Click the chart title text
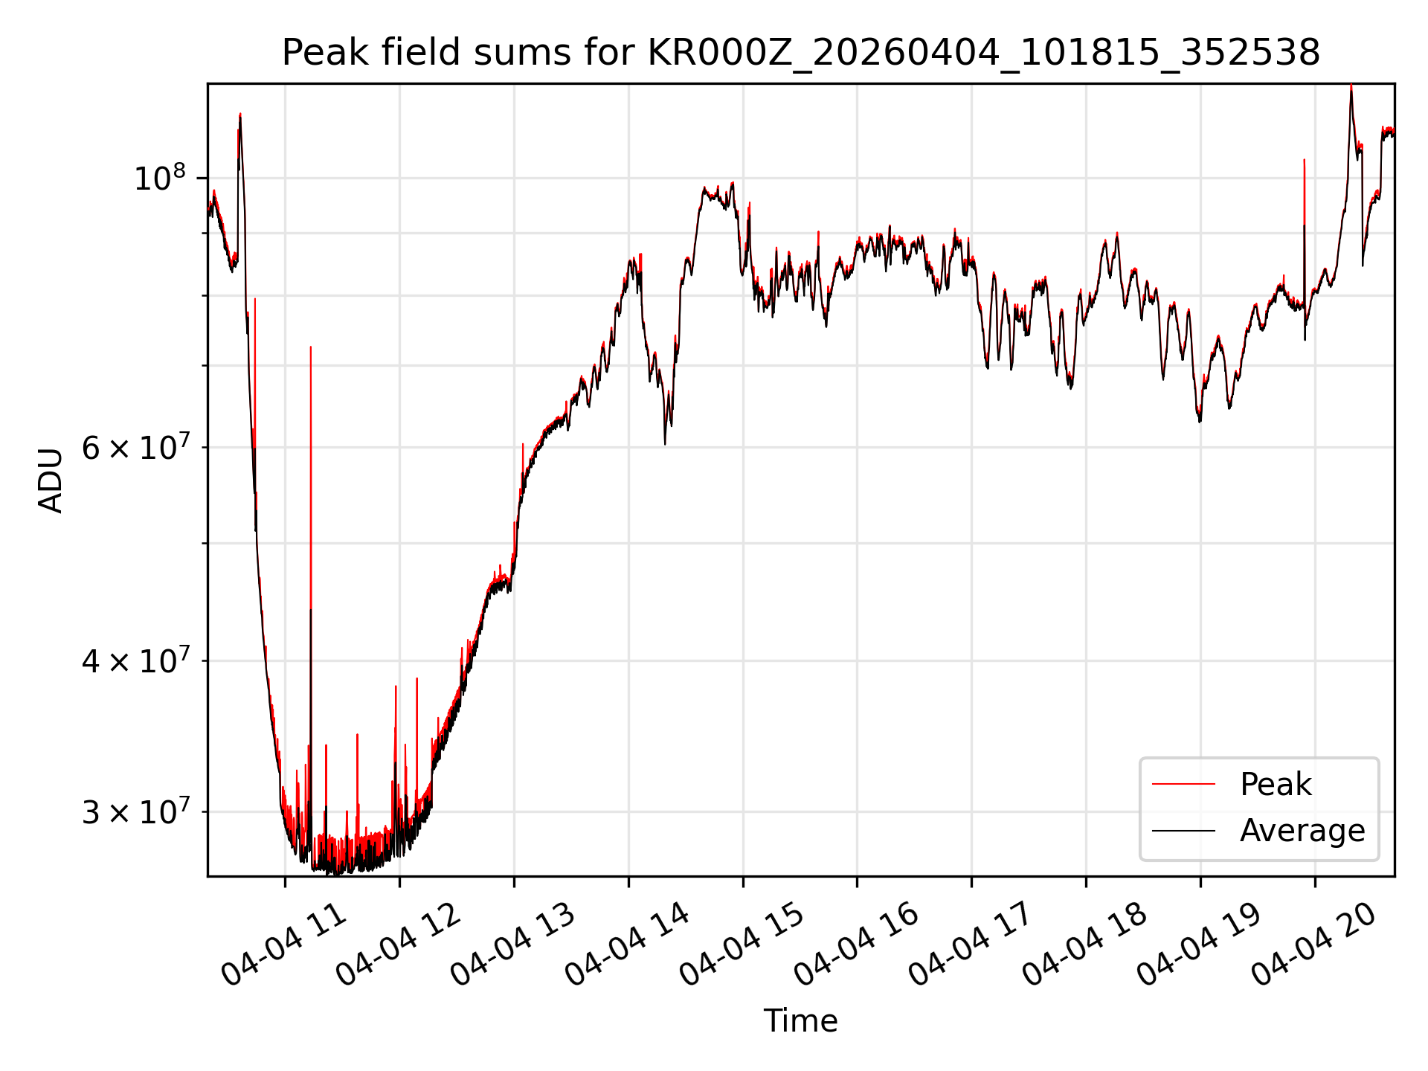tap(801, 54)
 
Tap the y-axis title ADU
tap(51, 480)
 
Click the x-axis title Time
tap(800, 1021)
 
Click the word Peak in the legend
tap(1276, 785)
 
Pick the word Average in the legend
tap(1302, 831)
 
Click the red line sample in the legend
tap(1183, 784)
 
